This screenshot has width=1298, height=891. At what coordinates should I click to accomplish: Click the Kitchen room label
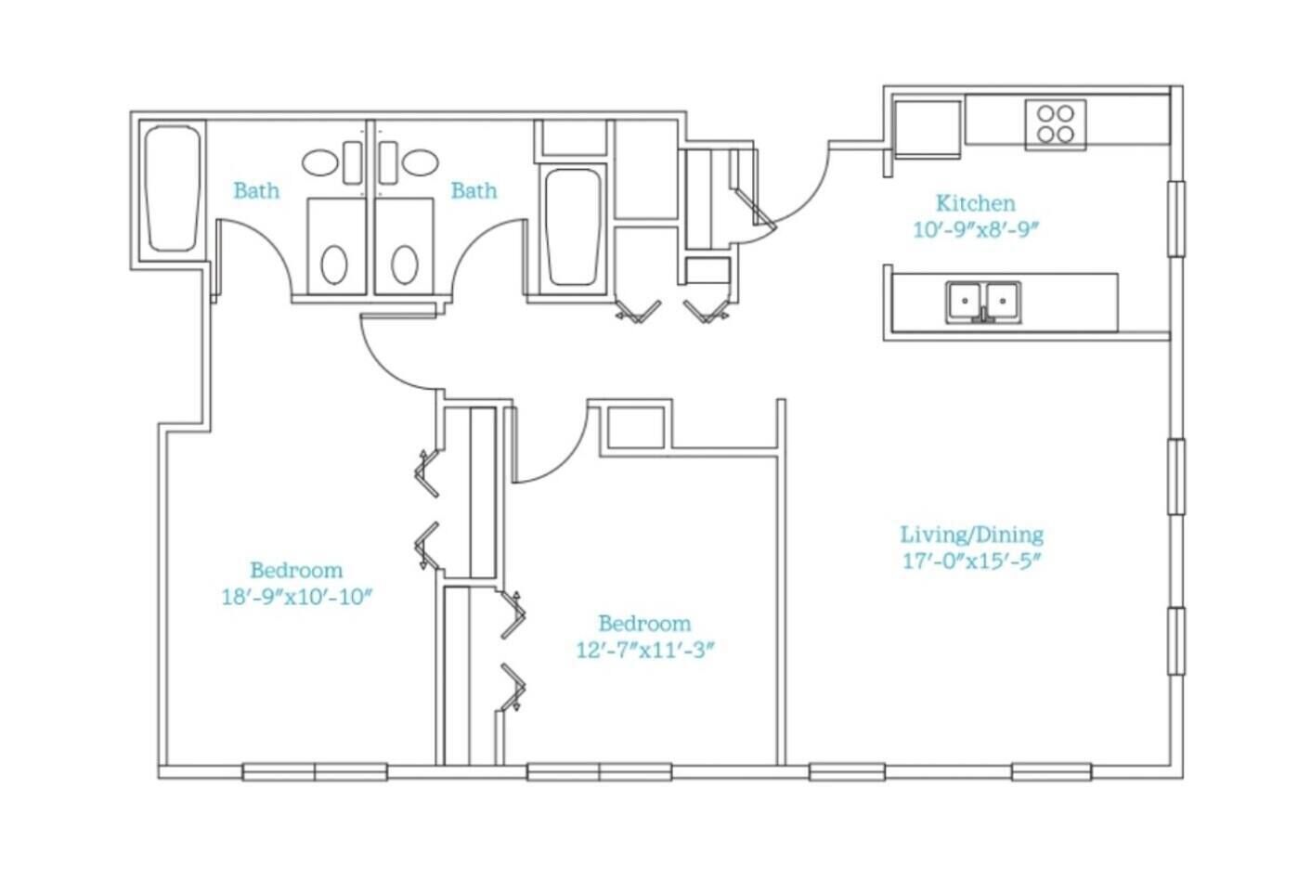(976, 203)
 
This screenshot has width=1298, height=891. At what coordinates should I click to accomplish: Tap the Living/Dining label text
(972, 535)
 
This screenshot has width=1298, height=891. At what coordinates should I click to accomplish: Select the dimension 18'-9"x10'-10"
(296, 598)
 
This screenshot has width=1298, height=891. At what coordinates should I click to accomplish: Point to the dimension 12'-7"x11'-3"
(644, 651)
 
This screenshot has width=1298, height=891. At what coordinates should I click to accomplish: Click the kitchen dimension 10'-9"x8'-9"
(976, 230)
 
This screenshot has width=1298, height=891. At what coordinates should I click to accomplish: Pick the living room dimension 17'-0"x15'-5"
(972, 562)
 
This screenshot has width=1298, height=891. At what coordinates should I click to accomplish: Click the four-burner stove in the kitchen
(1055, 124)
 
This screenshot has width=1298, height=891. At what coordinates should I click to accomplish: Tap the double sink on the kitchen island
(983, 303)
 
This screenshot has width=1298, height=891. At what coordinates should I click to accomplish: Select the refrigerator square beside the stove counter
(928, 129)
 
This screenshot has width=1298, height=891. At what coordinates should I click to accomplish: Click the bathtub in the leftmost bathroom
(172, 188)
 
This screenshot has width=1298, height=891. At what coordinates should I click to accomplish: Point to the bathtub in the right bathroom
(573, 226)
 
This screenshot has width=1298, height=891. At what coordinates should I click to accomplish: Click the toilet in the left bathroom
(334, 265)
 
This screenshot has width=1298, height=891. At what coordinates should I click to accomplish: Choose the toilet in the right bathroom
(405, 265)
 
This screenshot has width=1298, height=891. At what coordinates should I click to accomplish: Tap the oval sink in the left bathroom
(320, 162)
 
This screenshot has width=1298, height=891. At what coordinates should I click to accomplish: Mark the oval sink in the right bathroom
(421, 162)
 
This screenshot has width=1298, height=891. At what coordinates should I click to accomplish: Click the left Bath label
(256, 190)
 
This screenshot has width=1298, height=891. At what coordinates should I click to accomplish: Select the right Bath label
(474, 190)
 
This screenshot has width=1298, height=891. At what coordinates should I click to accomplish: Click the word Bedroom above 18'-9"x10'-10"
(296, 571)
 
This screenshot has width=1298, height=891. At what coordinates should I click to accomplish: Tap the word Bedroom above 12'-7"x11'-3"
(644, 624)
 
